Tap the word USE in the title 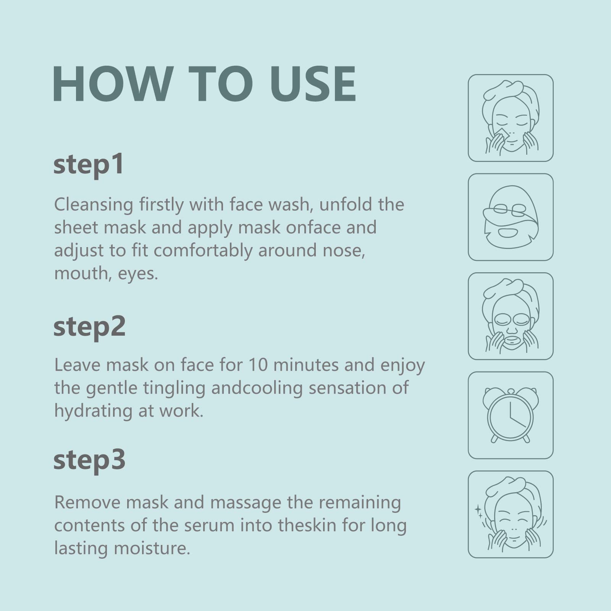tap(313, 84)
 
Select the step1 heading tap(89, 164)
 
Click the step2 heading tap(89, 327)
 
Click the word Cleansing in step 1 tap(94, 205)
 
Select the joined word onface tap(313, 228)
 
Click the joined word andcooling tap(257, 388)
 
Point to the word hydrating tap(93, 411)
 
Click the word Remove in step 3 tap(87, 503)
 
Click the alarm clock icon tap(511, 415)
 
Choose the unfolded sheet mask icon tap(511, 217)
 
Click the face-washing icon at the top tap(511, 118)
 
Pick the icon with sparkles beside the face tap(511, 514)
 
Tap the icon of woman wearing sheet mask tap(511, 316)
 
